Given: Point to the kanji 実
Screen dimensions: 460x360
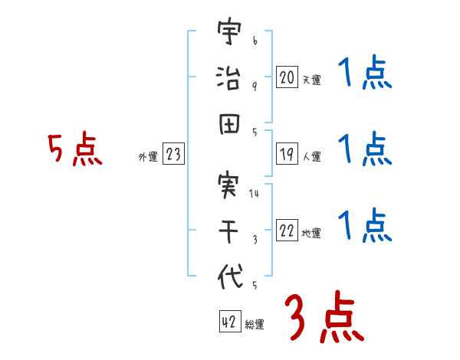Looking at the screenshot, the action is pyautogui.click(x=228, y=186).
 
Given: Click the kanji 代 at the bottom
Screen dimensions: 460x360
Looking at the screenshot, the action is pyautogui.click(x=228, y=277).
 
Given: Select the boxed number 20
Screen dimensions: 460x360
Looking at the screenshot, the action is pyautogui.click(x=287, y=77).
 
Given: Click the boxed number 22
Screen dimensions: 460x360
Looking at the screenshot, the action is pyautogui.click(x=287, y=231).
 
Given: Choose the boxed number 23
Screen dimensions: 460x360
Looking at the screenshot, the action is pyautogui.click(x=173, y=155).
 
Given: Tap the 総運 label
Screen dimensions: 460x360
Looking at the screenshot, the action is pyautogui.click(x=255, y=325).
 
